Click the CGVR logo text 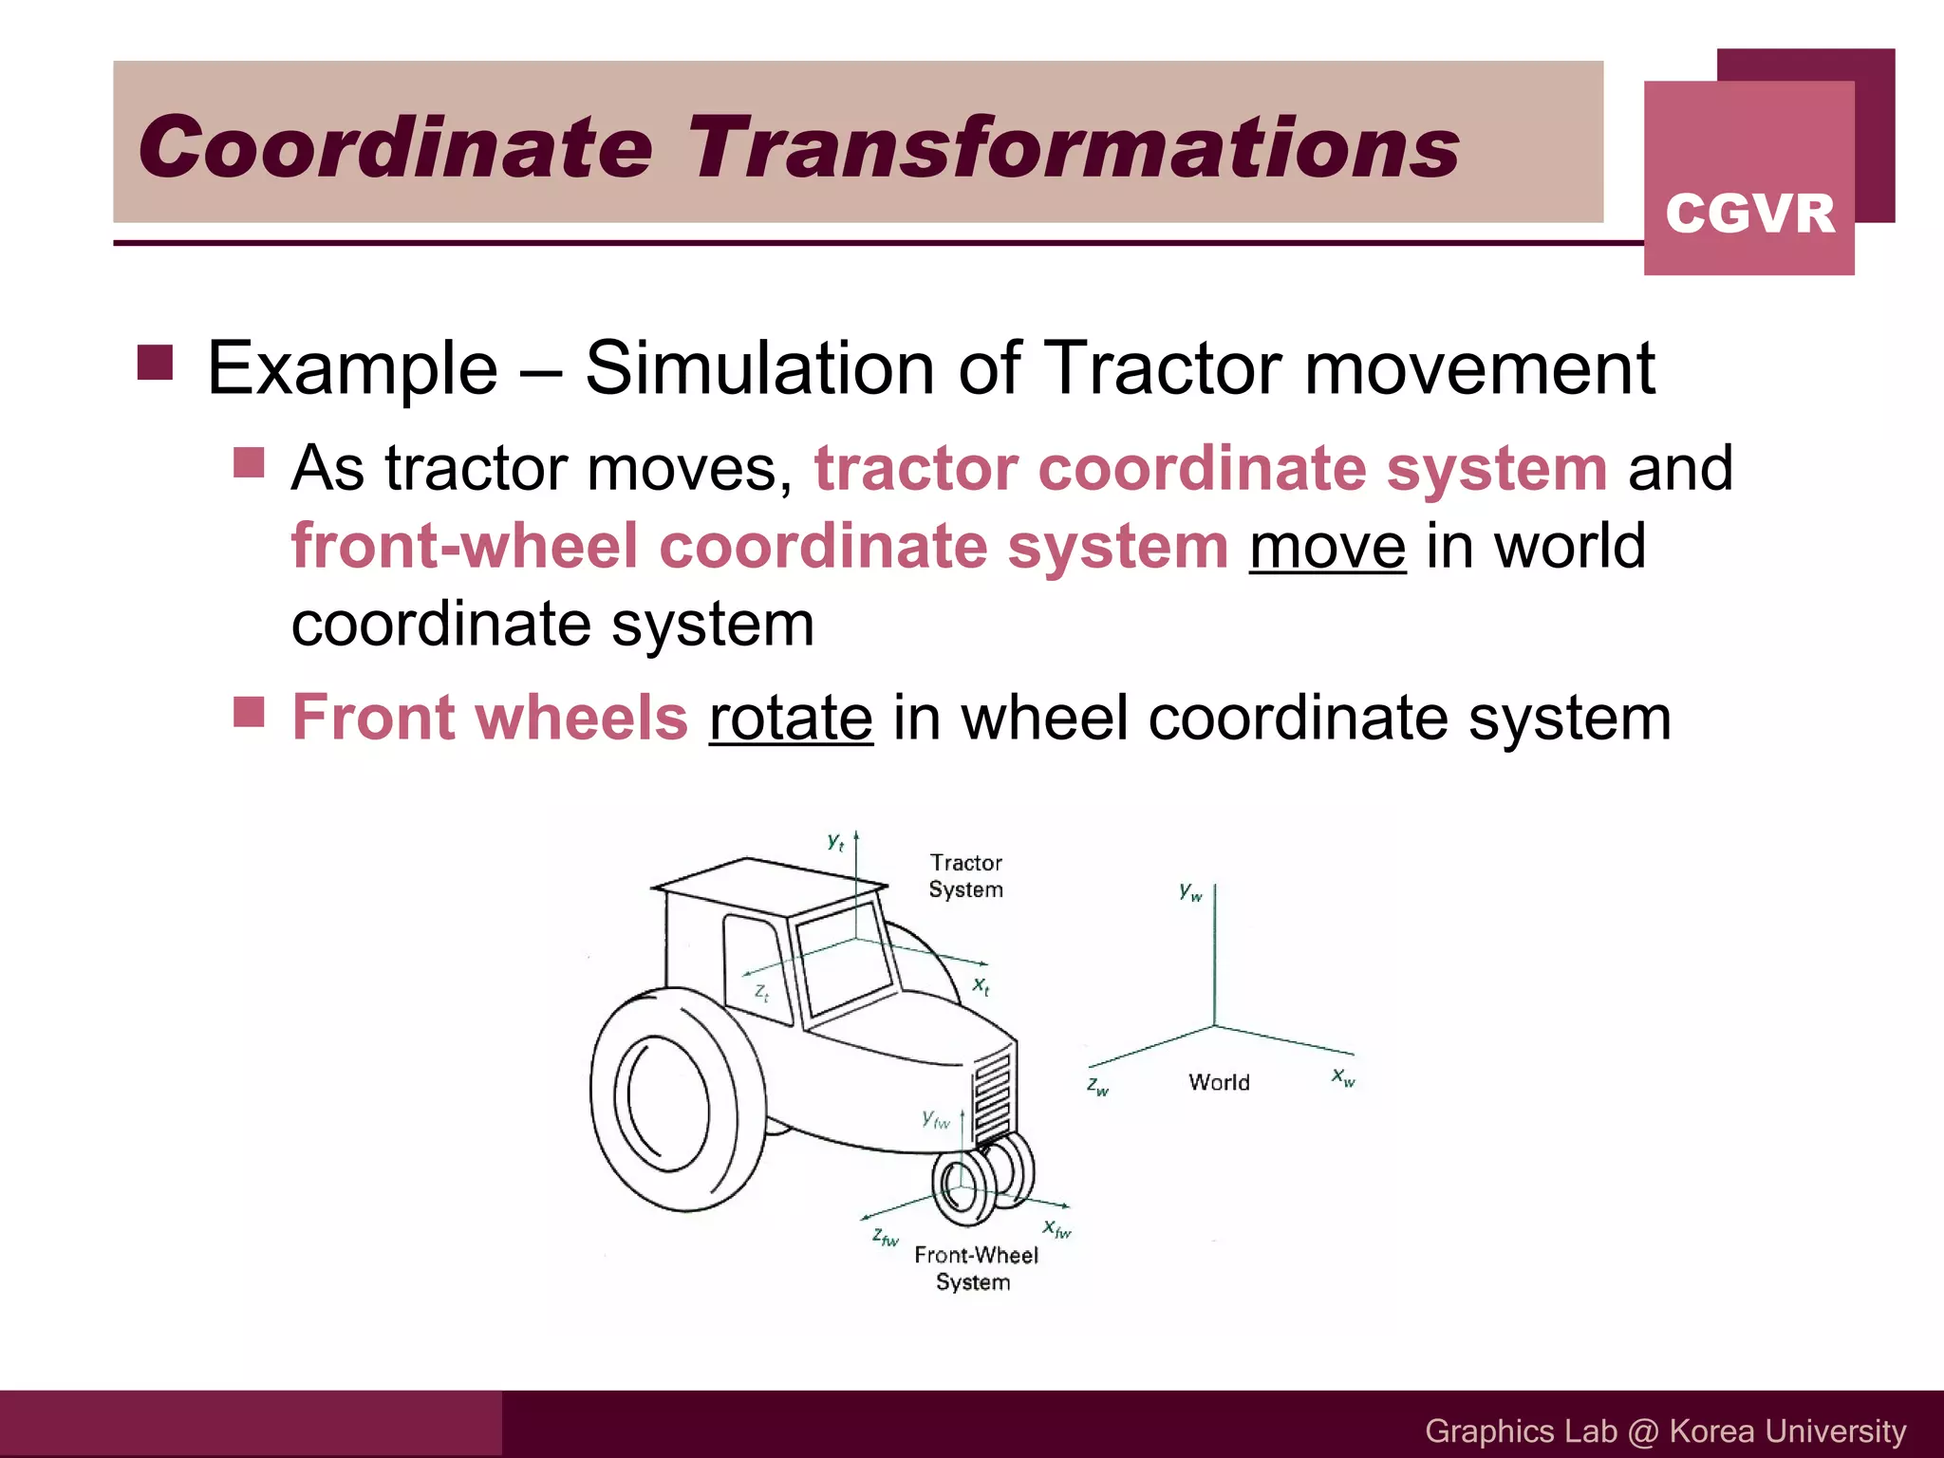tap(1749, 214)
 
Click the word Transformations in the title tap(1073, 147)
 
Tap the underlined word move tap(1327, 548)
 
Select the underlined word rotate tap(790, 719)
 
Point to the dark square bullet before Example tap(155, 363)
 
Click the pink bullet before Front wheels tap(249, 711)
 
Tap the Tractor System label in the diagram tap(965, 876)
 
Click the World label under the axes tap(1219, 1082)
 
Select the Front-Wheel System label tap(976, 1268)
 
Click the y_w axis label tap(1189, 891)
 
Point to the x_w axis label tap(1342, 1076)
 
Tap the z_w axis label tap(1097, 1086)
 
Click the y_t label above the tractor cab tap(835, 841)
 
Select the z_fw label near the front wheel tap(885, 1237)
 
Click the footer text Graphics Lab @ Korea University tap(1665, 1430)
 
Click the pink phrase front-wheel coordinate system tap(759, 548)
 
